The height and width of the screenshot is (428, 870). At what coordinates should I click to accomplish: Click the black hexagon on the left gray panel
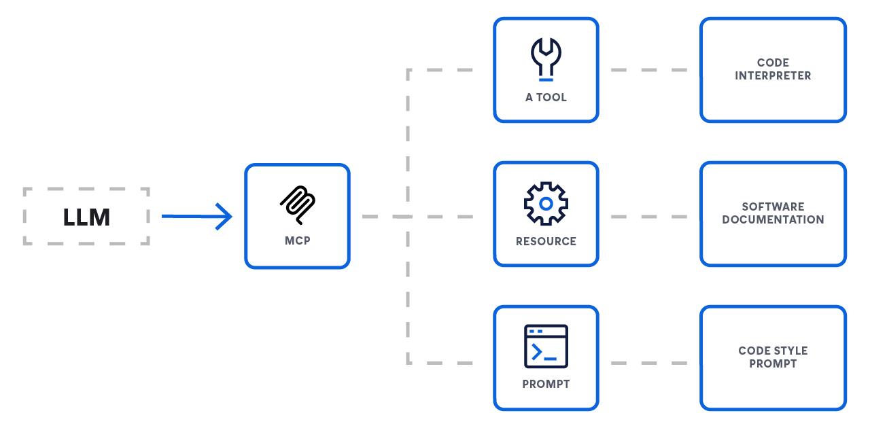pos(86,217)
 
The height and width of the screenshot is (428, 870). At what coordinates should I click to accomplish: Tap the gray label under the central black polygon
pos(297,240)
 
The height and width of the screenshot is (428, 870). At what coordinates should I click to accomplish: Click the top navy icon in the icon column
pos(546,54)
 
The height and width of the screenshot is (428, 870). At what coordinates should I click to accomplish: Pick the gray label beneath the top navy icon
pos(546,96)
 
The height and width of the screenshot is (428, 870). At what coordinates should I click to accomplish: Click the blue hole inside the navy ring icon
pos(546,203)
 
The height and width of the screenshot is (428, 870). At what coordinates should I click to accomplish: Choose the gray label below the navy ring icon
pos(546,240)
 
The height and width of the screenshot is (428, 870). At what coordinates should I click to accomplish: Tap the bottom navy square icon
pos(546,343)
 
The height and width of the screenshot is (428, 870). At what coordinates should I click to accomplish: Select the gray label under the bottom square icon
pos(546,385)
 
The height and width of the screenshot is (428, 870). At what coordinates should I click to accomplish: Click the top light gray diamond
pos(649,69)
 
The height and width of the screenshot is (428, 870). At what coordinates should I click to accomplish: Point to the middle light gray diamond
pos(649,216)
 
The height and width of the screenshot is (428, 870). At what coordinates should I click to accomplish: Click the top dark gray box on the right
pos(773,70)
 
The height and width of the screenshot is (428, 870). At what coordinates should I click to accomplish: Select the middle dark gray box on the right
pos(772,213)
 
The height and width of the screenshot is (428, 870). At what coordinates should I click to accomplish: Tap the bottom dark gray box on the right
pos(772,357)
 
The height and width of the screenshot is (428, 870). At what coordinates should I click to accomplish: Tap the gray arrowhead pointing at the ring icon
pos(469,216)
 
